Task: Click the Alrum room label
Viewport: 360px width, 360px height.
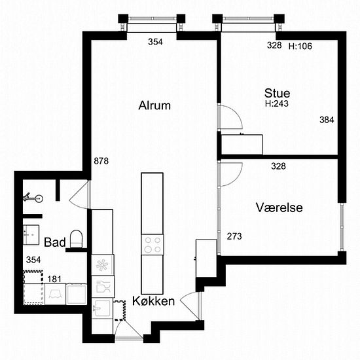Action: tap(154, 105)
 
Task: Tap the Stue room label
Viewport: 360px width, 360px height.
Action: tap(277, 93)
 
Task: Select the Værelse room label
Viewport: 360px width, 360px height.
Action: tap(279, 207)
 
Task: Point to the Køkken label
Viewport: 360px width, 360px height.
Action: tap(154, 301)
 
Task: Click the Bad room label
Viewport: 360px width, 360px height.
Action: tap(54, 242)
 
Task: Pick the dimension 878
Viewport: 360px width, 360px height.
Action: tap(101, 161)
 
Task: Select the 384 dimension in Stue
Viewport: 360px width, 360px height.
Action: tap(327, 120)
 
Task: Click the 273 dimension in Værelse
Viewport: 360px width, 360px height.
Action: tap(234, 236)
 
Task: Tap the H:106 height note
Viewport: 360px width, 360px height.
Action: tap(300, 46)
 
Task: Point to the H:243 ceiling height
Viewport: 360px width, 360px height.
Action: tap(277, 103)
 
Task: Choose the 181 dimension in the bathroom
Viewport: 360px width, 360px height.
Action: tap(54, 279)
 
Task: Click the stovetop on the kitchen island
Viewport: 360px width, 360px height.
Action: tap(153, 245)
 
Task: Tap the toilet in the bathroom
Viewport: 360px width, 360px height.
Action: tap(76, 239)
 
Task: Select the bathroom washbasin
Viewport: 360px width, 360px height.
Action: tap(31, 235)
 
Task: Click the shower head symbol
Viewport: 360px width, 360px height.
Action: tap(33, 198)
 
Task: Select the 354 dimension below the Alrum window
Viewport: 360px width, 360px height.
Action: tap(155, 42)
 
